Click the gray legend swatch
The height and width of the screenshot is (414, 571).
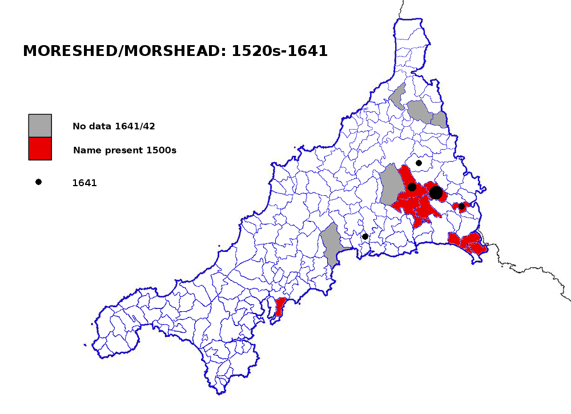pyautogui.click(x=40, y=126)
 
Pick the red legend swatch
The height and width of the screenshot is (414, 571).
pyautogui.click(x=40, y=148)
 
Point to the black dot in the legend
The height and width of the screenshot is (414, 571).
pyautogui.click(x=38, y=182)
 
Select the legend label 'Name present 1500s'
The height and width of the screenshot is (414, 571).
pyautogui.click(x=124, y=151)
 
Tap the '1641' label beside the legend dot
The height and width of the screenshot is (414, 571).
pyautogui.click(x=85, y=183)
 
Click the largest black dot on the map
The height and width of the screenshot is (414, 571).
pyautogui.click(x=436, y=192)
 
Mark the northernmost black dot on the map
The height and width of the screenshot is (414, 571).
pyautogui.click(x=419, y=163)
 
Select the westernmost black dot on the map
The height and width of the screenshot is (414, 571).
pyautogui.click(x=365, y=236)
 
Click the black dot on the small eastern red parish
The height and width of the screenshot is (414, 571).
pyautogui.click(x=462, y=206)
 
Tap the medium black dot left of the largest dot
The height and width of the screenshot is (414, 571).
pyautogui.click(x=412, y=187)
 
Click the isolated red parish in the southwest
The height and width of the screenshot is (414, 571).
pyautogui.click(x=280, y=307)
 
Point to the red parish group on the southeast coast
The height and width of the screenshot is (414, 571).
pyautogui.click(x=468, y=243)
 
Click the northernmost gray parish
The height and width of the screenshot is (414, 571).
pyautogui.click(x=399, y=97)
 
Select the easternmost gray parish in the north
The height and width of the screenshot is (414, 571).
pyautogui.click(x=439, y=119)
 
